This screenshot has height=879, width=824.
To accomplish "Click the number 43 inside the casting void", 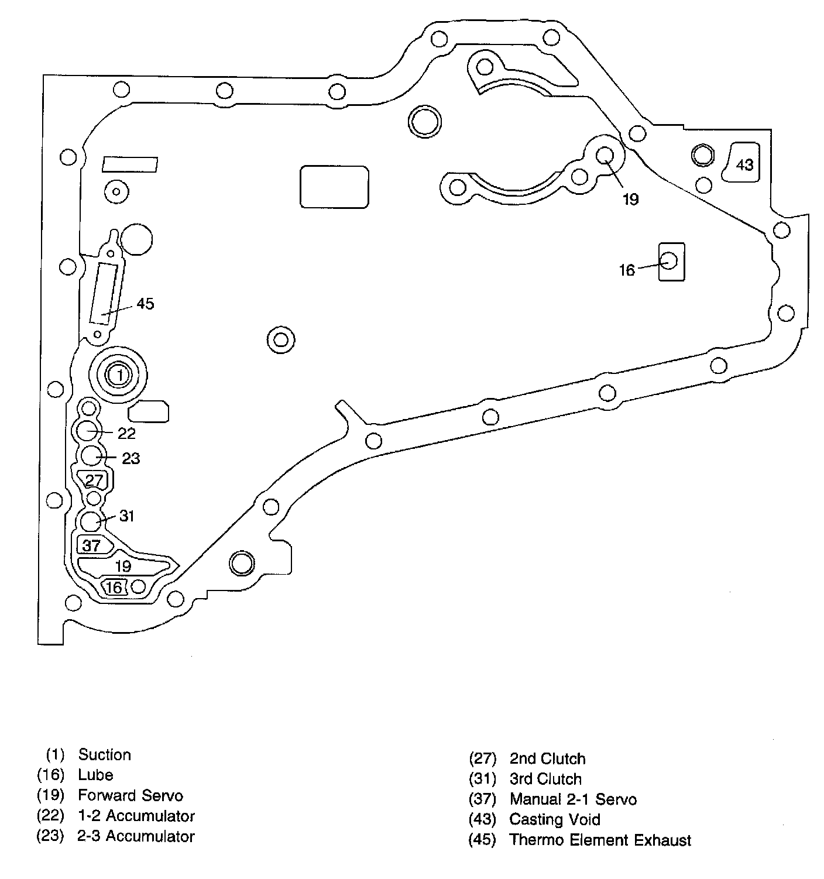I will tap(744, 165).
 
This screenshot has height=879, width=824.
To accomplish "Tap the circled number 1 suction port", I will tap(119, 375).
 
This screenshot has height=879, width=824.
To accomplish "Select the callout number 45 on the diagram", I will tap(145, 304).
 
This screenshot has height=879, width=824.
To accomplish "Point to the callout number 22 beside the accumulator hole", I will tap(126, 433).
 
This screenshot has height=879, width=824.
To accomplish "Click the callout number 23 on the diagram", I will tap(131, 458).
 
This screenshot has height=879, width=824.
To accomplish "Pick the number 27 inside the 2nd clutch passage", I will tap(94, 480).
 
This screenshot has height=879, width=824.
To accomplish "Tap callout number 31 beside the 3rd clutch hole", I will tap(127, 516).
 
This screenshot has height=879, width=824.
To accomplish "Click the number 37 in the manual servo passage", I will tap(92, 545).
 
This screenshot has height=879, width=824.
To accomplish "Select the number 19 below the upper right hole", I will tap(630, 200).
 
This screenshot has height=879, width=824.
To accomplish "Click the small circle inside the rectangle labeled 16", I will tap(669, 259).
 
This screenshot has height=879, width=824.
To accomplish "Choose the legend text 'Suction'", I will tap(105, 755).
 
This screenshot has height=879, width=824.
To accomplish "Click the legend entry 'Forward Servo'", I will tap(130, 796).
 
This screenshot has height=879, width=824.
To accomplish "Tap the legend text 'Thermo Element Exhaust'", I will tap(600, 840).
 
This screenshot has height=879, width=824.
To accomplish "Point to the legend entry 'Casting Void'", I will tap(555, 820).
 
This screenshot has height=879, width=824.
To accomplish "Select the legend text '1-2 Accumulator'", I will tap(136, 816).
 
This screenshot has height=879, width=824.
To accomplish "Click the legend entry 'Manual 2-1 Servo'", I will tap(573, 799).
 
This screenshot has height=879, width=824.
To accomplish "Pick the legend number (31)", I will tap(482, 780).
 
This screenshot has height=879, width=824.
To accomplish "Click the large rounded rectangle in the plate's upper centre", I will tap(334, 186).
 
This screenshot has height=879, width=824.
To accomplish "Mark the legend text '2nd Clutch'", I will tap(547, 759).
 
